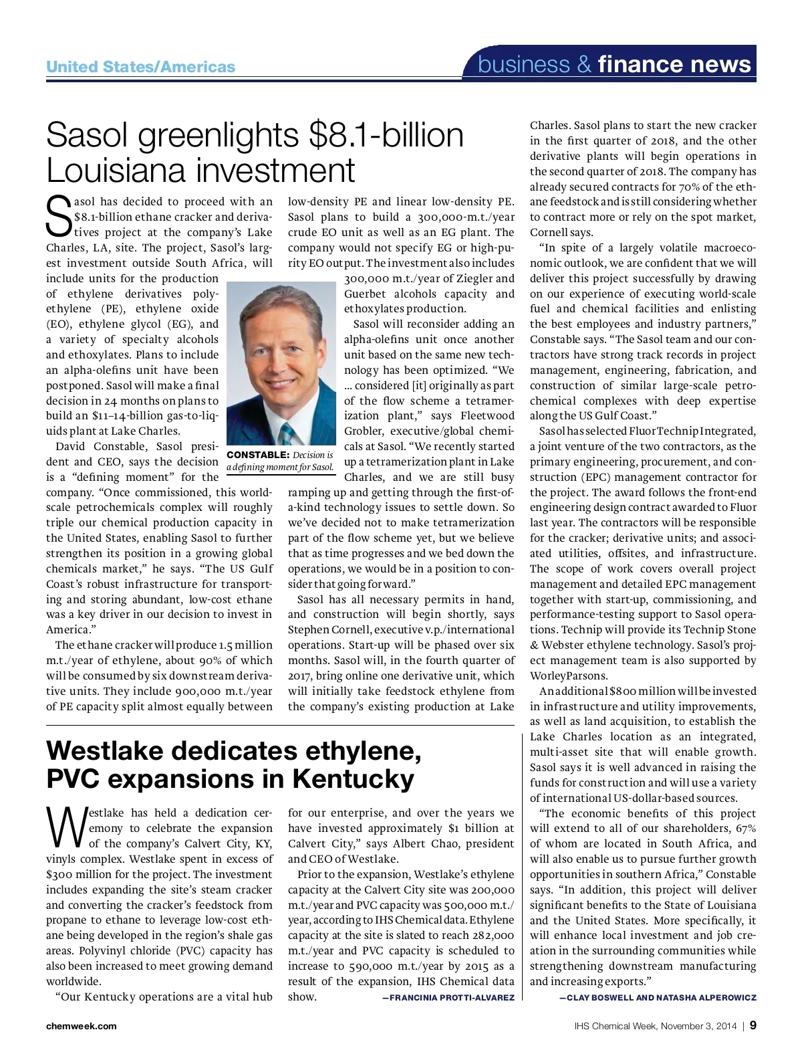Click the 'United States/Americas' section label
pos(140,67)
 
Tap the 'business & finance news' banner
pos(615,64)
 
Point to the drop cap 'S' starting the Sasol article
pos(59,215)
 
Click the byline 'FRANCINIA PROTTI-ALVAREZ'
pos(448,998)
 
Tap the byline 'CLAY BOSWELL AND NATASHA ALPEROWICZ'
pos(658,998)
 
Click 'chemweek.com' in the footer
pos(81,1026)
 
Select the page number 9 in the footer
pos(753,1025)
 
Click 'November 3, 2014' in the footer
pos(698,1026)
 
